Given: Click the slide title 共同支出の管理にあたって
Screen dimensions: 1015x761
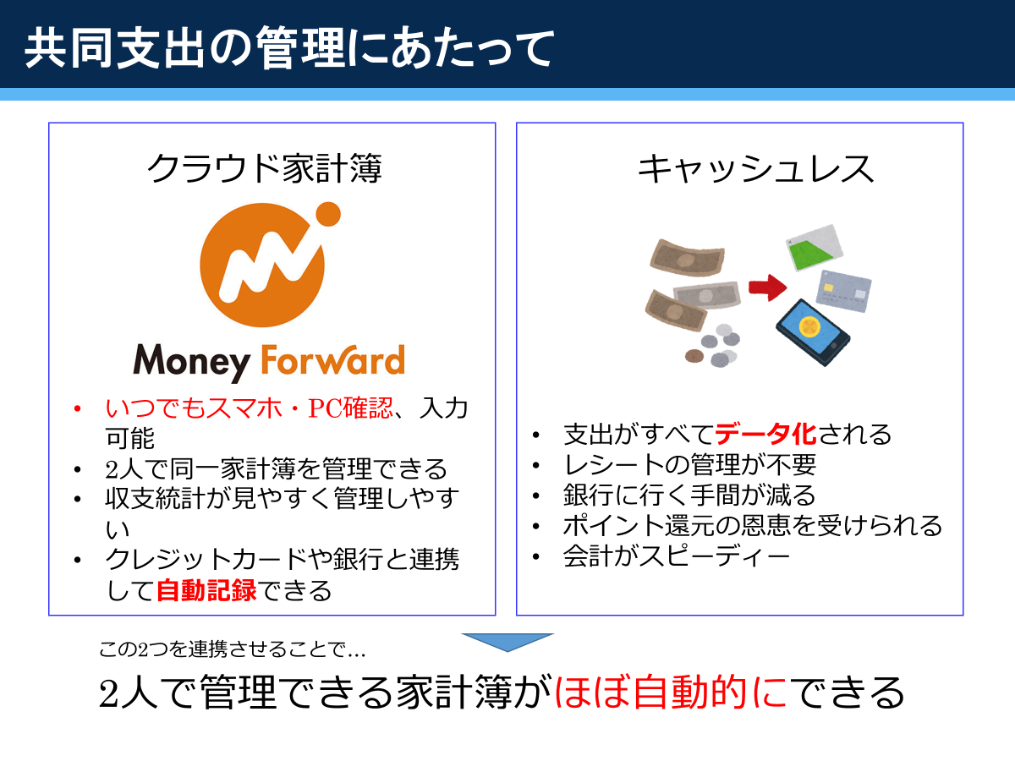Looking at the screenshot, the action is click(289, 47).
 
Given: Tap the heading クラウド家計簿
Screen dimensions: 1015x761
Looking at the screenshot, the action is click(265, 168).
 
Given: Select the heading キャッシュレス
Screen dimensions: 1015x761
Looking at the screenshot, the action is click(756, 169).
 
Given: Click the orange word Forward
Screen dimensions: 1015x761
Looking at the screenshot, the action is click(333, 359).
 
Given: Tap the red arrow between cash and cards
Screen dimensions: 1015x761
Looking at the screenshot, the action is click(768, 287).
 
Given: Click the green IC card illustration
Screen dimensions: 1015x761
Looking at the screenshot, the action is click(815, 248).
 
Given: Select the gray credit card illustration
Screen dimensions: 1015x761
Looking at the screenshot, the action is click(843, 292).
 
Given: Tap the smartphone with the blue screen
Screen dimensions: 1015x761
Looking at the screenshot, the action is click(813, 332).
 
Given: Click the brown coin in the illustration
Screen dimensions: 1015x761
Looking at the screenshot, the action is click(694, 356).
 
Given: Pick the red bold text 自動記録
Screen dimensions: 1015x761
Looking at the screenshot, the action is click(206, 590).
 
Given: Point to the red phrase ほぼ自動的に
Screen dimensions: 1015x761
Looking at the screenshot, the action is click(671, 692).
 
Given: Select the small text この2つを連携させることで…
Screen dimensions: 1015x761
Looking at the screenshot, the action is click(232, 649).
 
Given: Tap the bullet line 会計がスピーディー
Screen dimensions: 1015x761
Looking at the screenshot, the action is click(677, 556).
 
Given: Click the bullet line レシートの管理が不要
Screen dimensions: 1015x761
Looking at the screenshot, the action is click(689, 465).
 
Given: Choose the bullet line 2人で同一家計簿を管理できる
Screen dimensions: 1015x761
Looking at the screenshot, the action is click(276, 468).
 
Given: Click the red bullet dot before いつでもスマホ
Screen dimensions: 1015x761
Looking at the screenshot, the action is click(77, 408).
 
